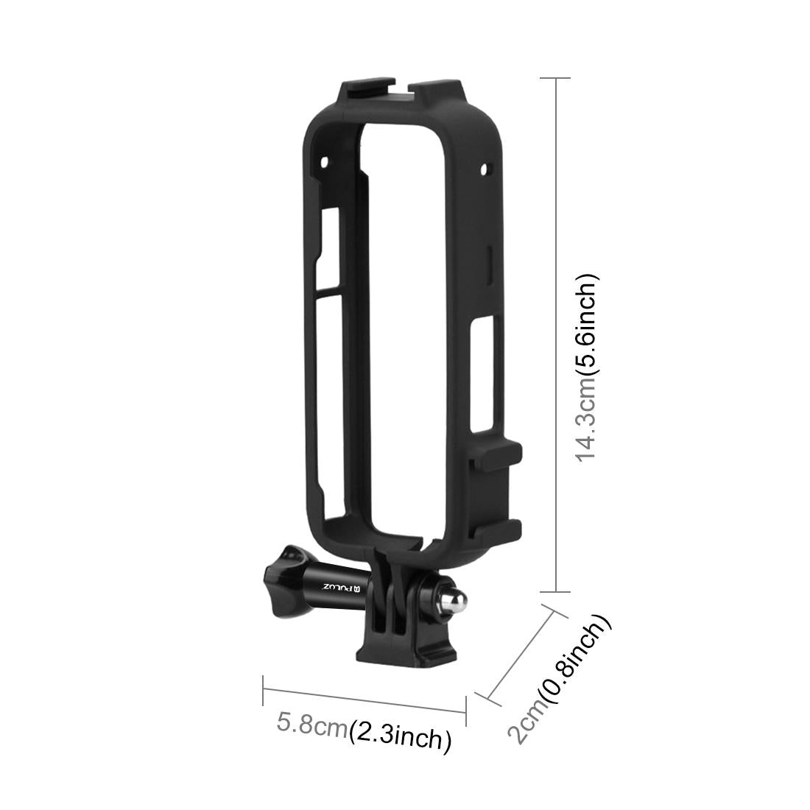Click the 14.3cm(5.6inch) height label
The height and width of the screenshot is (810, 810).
pyautogui.click(x=587, y=367)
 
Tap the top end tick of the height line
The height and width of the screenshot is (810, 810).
pyautogui.click(x=556, y=77)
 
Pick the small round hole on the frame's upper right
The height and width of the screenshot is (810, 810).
pyautogui.click(x=484, y=170)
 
